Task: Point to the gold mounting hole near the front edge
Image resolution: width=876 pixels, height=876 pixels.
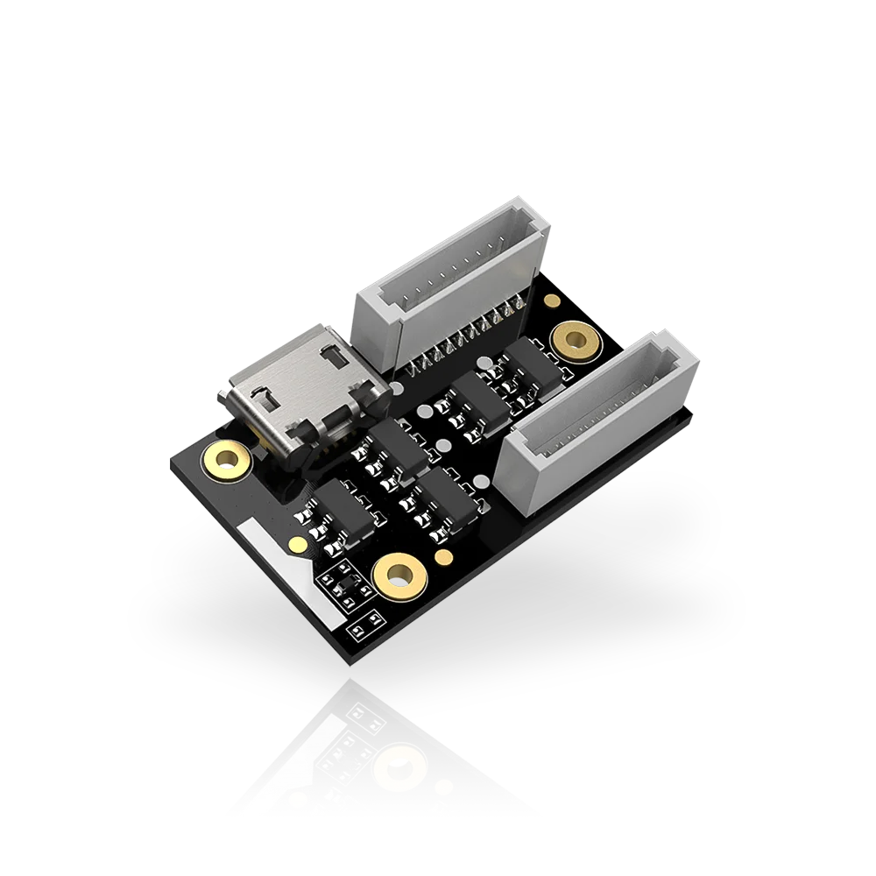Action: coord(399,576)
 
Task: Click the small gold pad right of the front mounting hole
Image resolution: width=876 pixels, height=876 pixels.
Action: coord(444,557)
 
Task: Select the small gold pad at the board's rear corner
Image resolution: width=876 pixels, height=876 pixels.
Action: coord(551,301)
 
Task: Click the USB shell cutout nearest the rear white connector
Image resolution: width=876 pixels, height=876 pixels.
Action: coord(334,357)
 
